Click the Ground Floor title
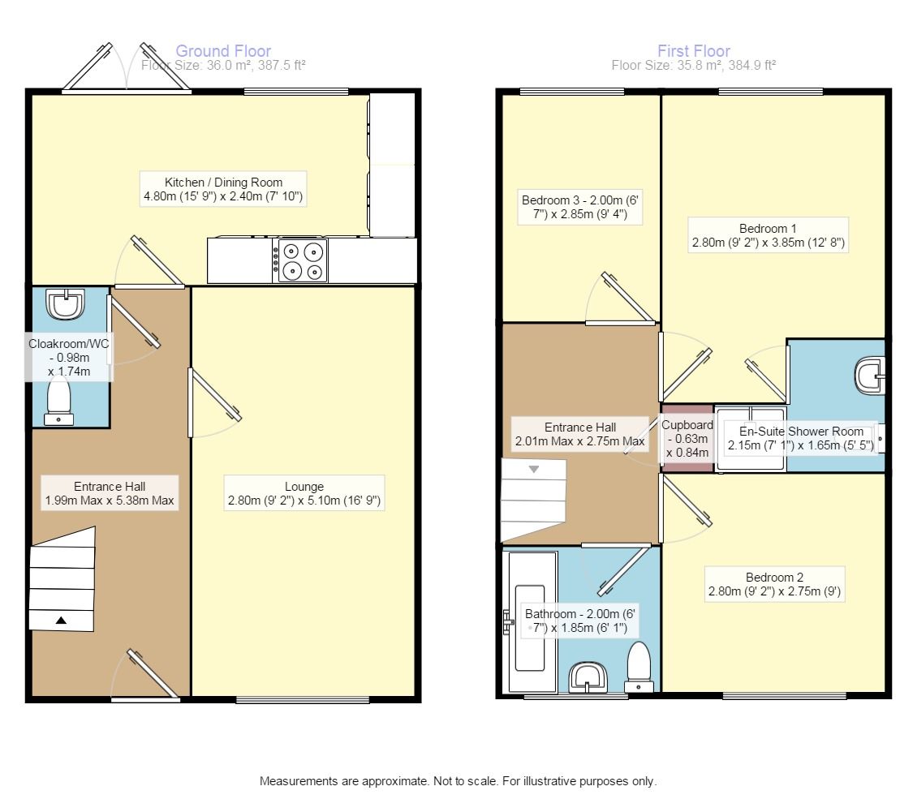tap(223, 51)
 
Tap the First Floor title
tap(694, 51)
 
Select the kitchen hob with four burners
tap(303, 260)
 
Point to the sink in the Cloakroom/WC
tap(63, 304)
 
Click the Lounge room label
tap(304, 487)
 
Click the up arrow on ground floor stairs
tap(61, 621)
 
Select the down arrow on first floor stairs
tap(534, 469)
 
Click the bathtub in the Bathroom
tap(532, 621)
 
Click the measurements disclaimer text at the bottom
tap(458, 782)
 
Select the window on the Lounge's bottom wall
tap(302, 699)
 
